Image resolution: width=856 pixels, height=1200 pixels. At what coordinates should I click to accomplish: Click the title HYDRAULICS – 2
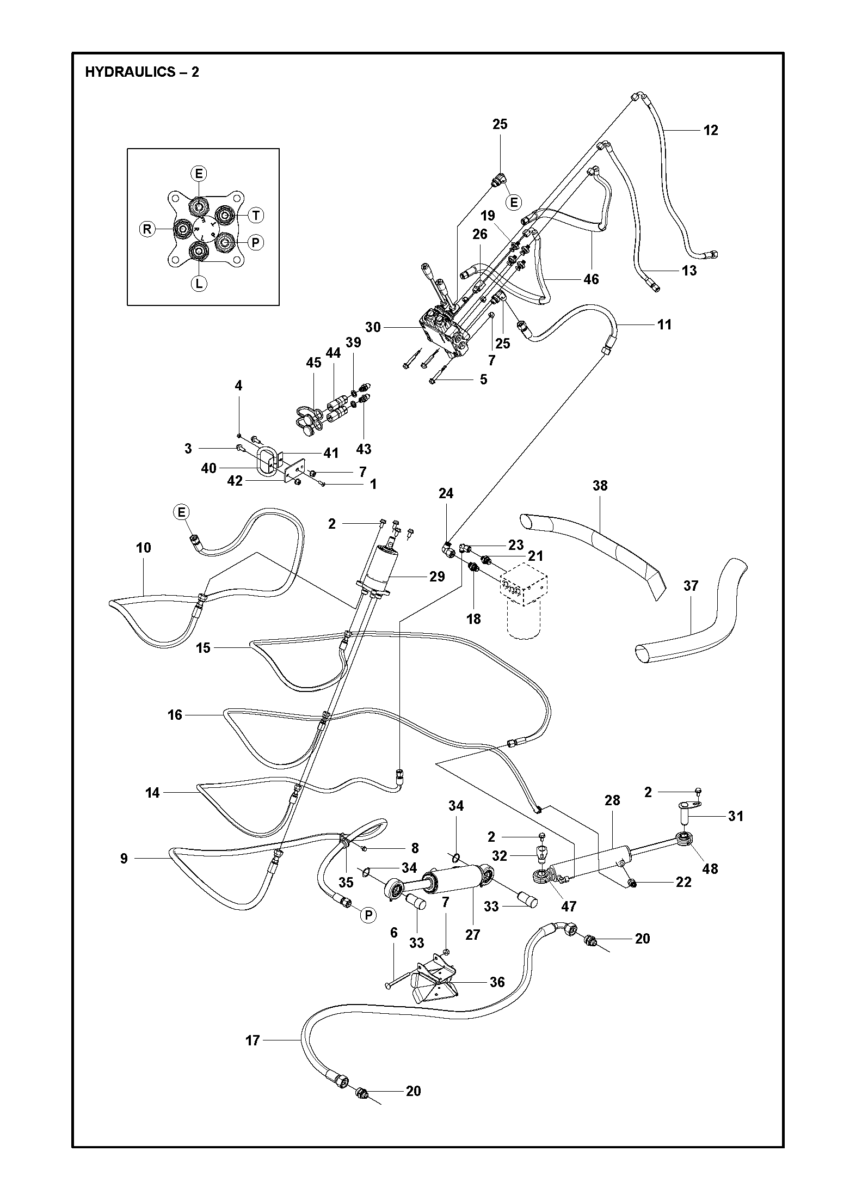(142, 72)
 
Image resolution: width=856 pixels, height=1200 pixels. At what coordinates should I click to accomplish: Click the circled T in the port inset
(255, 216)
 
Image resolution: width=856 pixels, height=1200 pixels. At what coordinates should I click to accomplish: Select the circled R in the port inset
(147, 229)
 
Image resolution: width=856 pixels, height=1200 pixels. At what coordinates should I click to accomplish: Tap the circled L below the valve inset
(199, 283)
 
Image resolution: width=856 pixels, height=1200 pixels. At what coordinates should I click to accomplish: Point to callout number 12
(711, 130)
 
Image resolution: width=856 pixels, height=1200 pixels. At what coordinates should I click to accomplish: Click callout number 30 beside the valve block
(373, 327)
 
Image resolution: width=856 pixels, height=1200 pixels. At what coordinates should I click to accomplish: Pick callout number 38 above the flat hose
(600, 485)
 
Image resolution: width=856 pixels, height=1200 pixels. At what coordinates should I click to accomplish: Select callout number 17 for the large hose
(253, 1040)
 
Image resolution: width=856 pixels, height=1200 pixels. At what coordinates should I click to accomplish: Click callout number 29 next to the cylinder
(437, 577)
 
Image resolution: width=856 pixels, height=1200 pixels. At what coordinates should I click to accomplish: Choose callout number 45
(314, 363)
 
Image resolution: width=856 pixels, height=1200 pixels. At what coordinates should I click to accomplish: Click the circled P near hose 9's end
(368, 916)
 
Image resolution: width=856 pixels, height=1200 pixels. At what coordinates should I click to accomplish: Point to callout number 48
(710, 868)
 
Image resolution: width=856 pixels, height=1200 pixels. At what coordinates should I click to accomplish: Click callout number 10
(144, 547)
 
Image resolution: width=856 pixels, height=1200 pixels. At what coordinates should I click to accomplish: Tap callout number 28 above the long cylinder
(612, 800)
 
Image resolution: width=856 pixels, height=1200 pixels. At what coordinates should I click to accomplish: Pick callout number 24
(446, 493)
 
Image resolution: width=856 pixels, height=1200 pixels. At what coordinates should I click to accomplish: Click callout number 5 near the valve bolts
(483, 379)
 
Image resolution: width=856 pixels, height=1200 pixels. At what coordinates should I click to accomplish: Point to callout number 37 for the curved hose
(691, 586)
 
